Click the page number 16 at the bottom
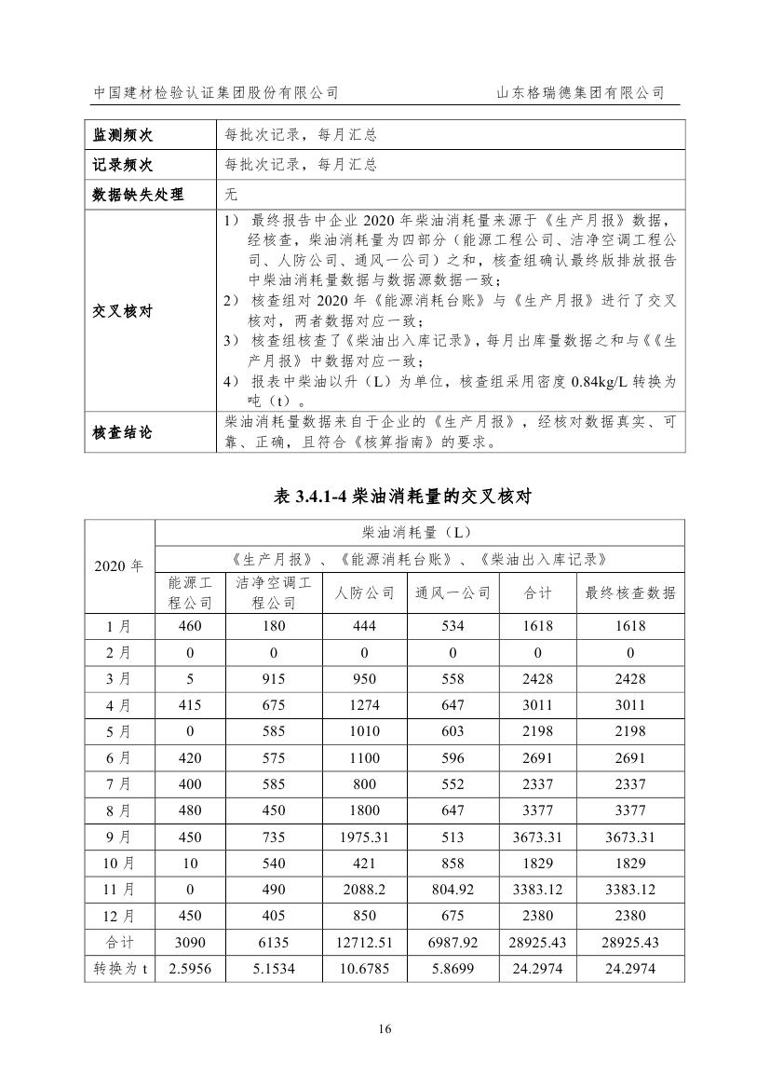385,1028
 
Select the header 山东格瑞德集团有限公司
580,93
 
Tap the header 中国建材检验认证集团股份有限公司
216,93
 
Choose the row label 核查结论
121,433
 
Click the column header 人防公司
365,592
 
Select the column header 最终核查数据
630,592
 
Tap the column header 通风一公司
453,592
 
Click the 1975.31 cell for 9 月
365,837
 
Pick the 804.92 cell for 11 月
453,891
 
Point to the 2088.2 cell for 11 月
365,891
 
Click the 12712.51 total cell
365,943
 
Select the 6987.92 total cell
453,943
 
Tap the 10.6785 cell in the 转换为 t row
365,969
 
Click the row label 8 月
120,811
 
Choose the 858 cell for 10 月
453,864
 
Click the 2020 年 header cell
120,565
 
